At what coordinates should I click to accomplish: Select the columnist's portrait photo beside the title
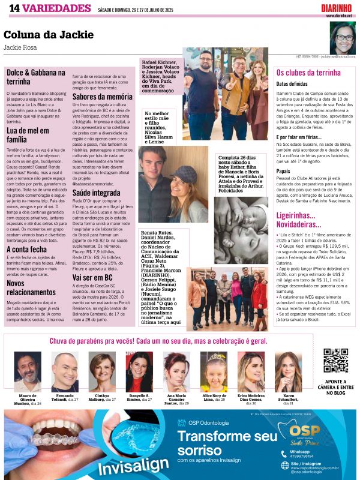342,38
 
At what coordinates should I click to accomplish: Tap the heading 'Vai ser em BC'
92,278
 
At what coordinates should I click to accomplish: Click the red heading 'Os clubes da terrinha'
308,73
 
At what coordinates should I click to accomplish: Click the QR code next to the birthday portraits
335,360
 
